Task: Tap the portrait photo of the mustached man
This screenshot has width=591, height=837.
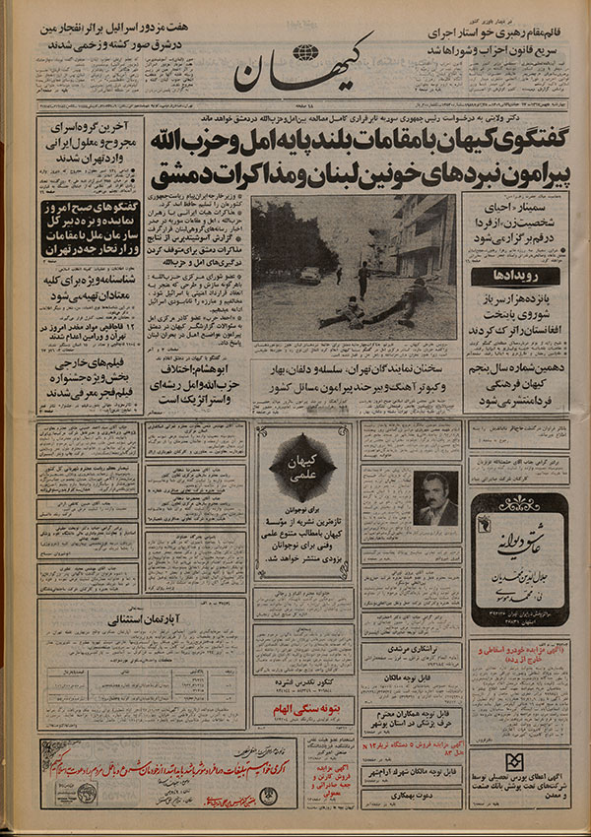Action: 433,498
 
